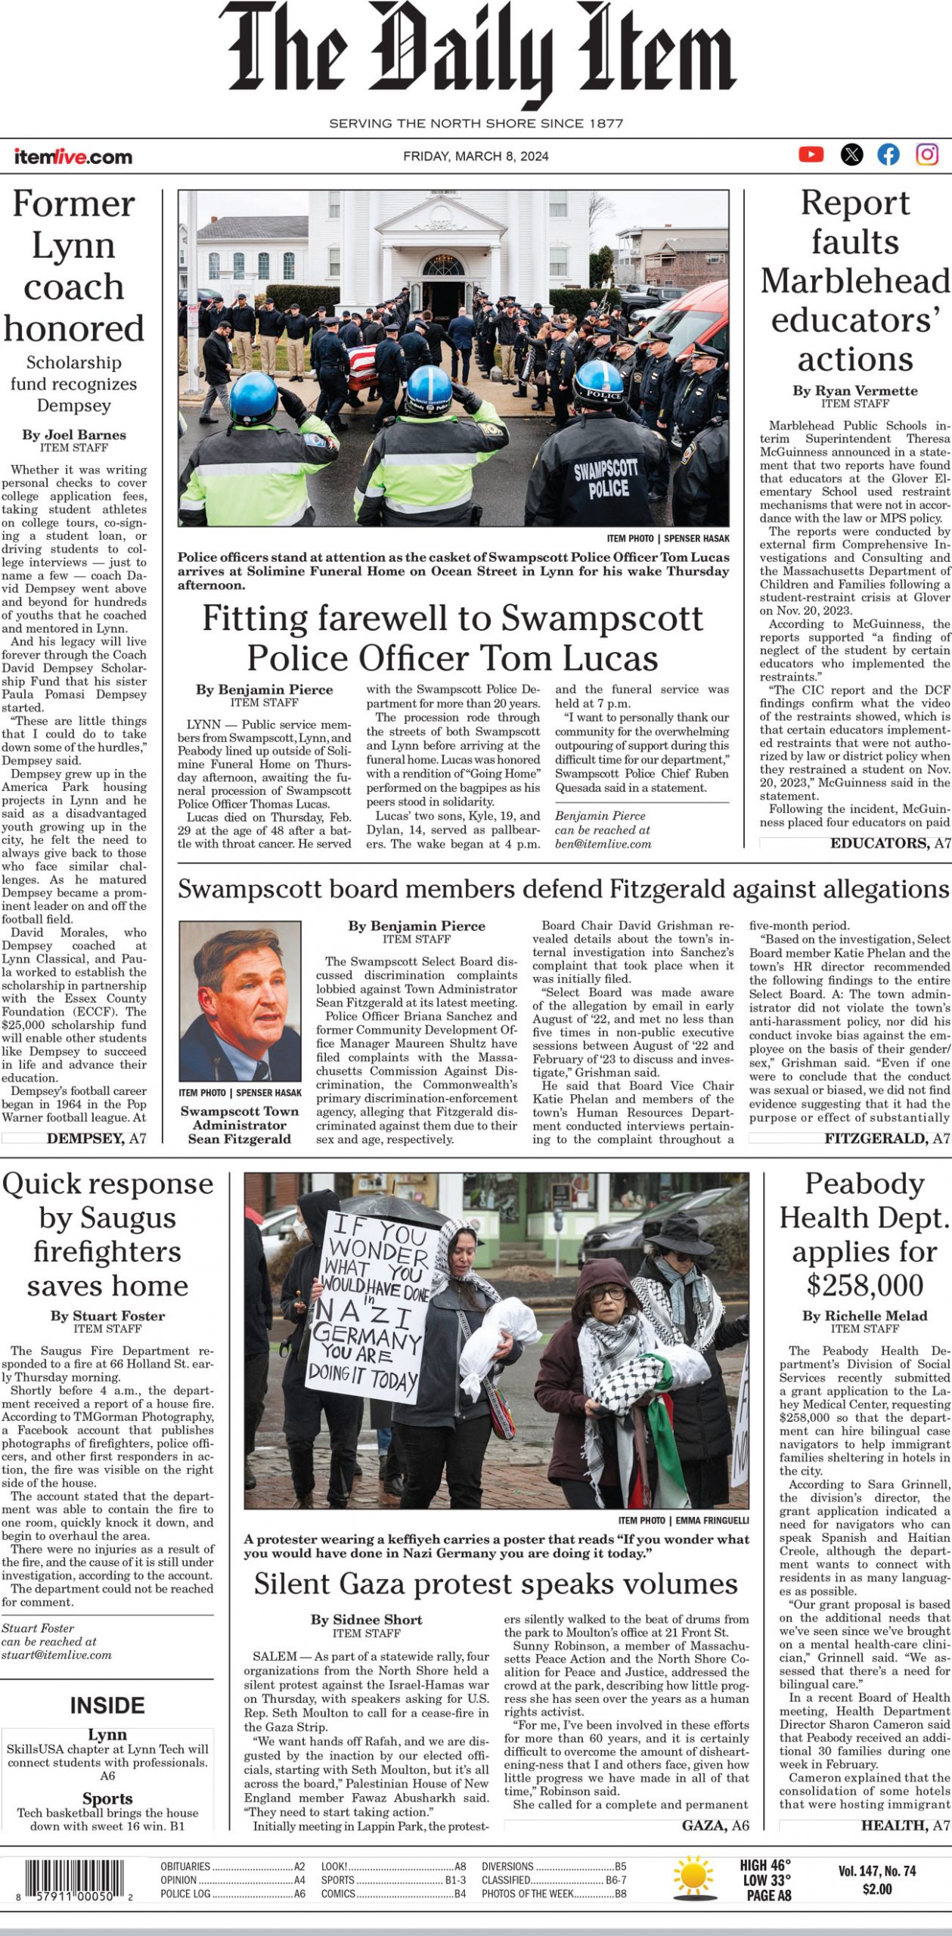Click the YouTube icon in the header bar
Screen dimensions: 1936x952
pyautogui.click(x=811, y=154)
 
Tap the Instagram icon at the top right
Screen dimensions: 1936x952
pyautogui.click(x=927, y=154)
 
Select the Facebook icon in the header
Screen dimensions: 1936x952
pyautogui.click(x=888, y=155)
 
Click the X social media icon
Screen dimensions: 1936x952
pyautogui.click(x=851, y=155)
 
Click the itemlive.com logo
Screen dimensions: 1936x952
pyautogui.click(x=73, y=157)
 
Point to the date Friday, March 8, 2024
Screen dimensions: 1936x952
pyautogui.click(x=476, y=157)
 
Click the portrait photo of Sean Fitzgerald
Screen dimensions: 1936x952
pyautogui.click(x=240, y=1001)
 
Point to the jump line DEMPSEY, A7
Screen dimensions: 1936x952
pyautogui.click(x=96, y=1138)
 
